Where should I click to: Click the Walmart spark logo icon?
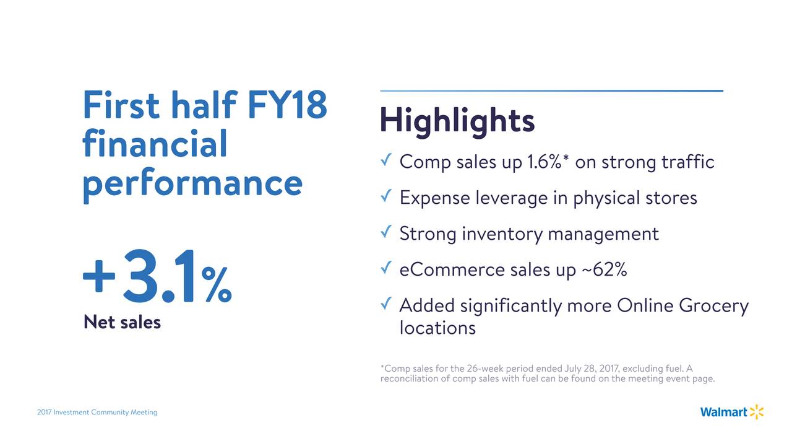click(x=756, y=412)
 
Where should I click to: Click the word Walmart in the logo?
click(x=723, y=412)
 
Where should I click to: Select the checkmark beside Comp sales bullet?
click(x=386, y=160)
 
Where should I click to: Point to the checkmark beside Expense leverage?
click(x=386, y=196)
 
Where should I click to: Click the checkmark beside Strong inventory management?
click(x=386, y=232)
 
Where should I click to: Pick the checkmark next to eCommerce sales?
click(x=386, y=268)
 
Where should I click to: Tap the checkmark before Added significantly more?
click(x=386, y=304)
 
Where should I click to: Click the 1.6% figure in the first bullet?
click(x=544, y=162)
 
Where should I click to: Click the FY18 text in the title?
click(x=287, y=105)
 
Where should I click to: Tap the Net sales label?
click(x=122, y=322)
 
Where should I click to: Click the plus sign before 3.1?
click(x=99, y=276)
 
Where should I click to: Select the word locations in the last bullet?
click(x=437, y=328)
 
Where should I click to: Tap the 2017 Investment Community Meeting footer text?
click(x=97, y=413)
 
